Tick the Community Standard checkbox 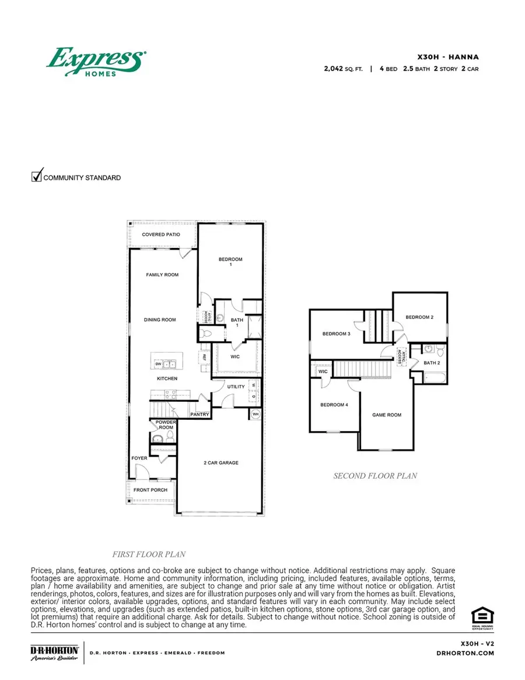pos(37,176)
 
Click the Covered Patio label pos(161,234)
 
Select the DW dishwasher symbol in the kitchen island pos(158,364)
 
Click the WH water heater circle pos(256,414)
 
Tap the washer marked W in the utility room pos(253,385)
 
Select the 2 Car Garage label pos(221,463)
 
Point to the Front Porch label pos(150,490)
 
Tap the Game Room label pos(387,415)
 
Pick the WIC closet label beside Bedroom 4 pos(323,371)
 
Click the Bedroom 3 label pos(336,334)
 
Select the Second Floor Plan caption pos(374,476)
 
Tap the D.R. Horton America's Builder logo pos(54,653)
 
